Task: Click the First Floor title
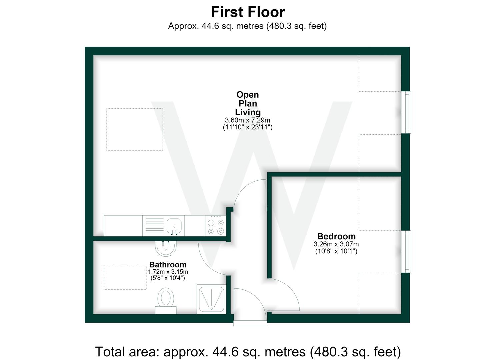[x=248, y=12]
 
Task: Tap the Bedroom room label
[x=336, y=236]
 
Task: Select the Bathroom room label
[x=168, y=265]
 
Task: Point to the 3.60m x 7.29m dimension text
[x=247, y=120]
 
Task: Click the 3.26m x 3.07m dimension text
[x=336, y=244]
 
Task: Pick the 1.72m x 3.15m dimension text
[x=168, y=272]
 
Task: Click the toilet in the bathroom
[x=166, y=301]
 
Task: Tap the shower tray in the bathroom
[x=211, y=299]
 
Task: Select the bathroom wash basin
[x=166, y=248]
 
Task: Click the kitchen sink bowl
[x=174, y=226]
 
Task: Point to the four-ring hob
[x=216, y=226]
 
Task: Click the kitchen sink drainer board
[x=155, y=226]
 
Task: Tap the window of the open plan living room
[x=406, y=112]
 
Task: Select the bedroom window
[x=406, y=251]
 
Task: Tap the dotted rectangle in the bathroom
[x=125, y=277]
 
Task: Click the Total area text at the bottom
[x=248, y=352]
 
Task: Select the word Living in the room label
[x=248, y=112]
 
